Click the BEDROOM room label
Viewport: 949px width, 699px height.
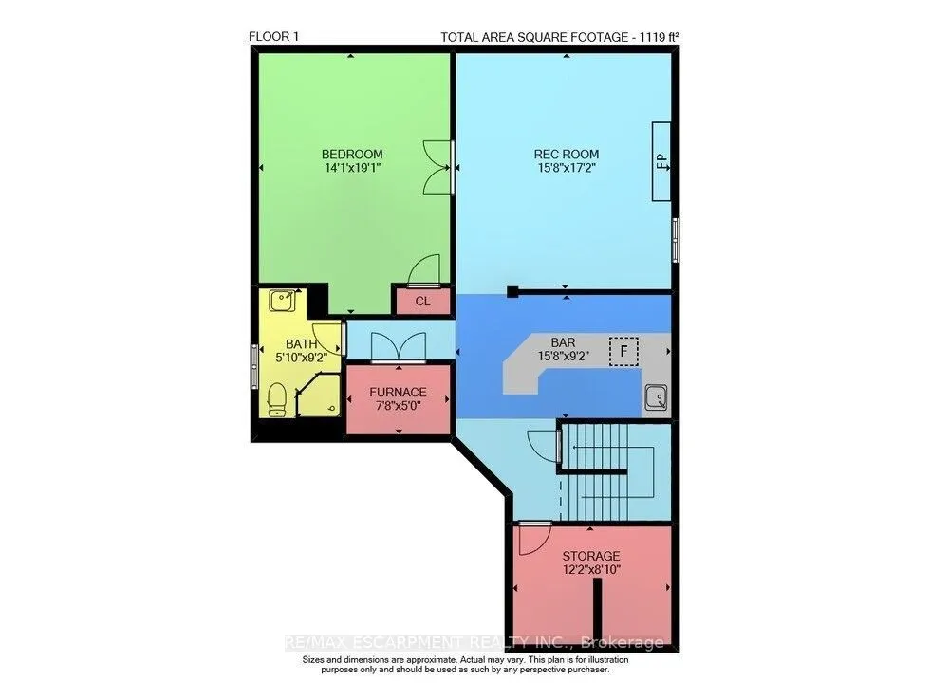coord(352,155)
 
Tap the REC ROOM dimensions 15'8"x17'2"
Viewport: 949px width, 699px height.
coord(567,168)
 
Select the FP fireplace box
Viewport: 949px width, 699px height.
coord(661,161)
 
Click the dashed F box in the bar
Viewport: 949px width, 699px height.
coord(623,351)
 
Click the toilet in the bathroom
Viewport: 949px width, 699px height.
coord(276,399)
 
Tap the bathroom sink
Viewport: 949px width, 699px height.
coord(282,300)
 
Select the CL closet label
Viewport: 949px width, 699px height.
coord(422,301)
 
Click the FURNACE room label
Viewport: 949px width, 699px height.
coord(399,392)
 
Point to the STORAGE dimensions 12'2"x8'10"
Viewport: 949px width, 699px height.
coord(591,570)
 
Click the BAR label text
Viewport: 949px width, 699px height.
coord(563,342)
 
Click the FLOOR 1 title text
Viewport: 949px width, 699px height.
coord(273,36)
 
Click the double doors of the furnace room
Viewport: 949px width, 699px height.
coord(399,347)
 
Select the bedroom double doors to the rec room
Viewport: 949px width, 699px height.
coord(438,168)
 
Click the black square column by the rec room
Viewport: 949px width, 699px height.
coord(513,291)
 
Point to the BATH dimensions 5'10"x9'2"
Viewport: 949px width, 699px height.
coord(302,358)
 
